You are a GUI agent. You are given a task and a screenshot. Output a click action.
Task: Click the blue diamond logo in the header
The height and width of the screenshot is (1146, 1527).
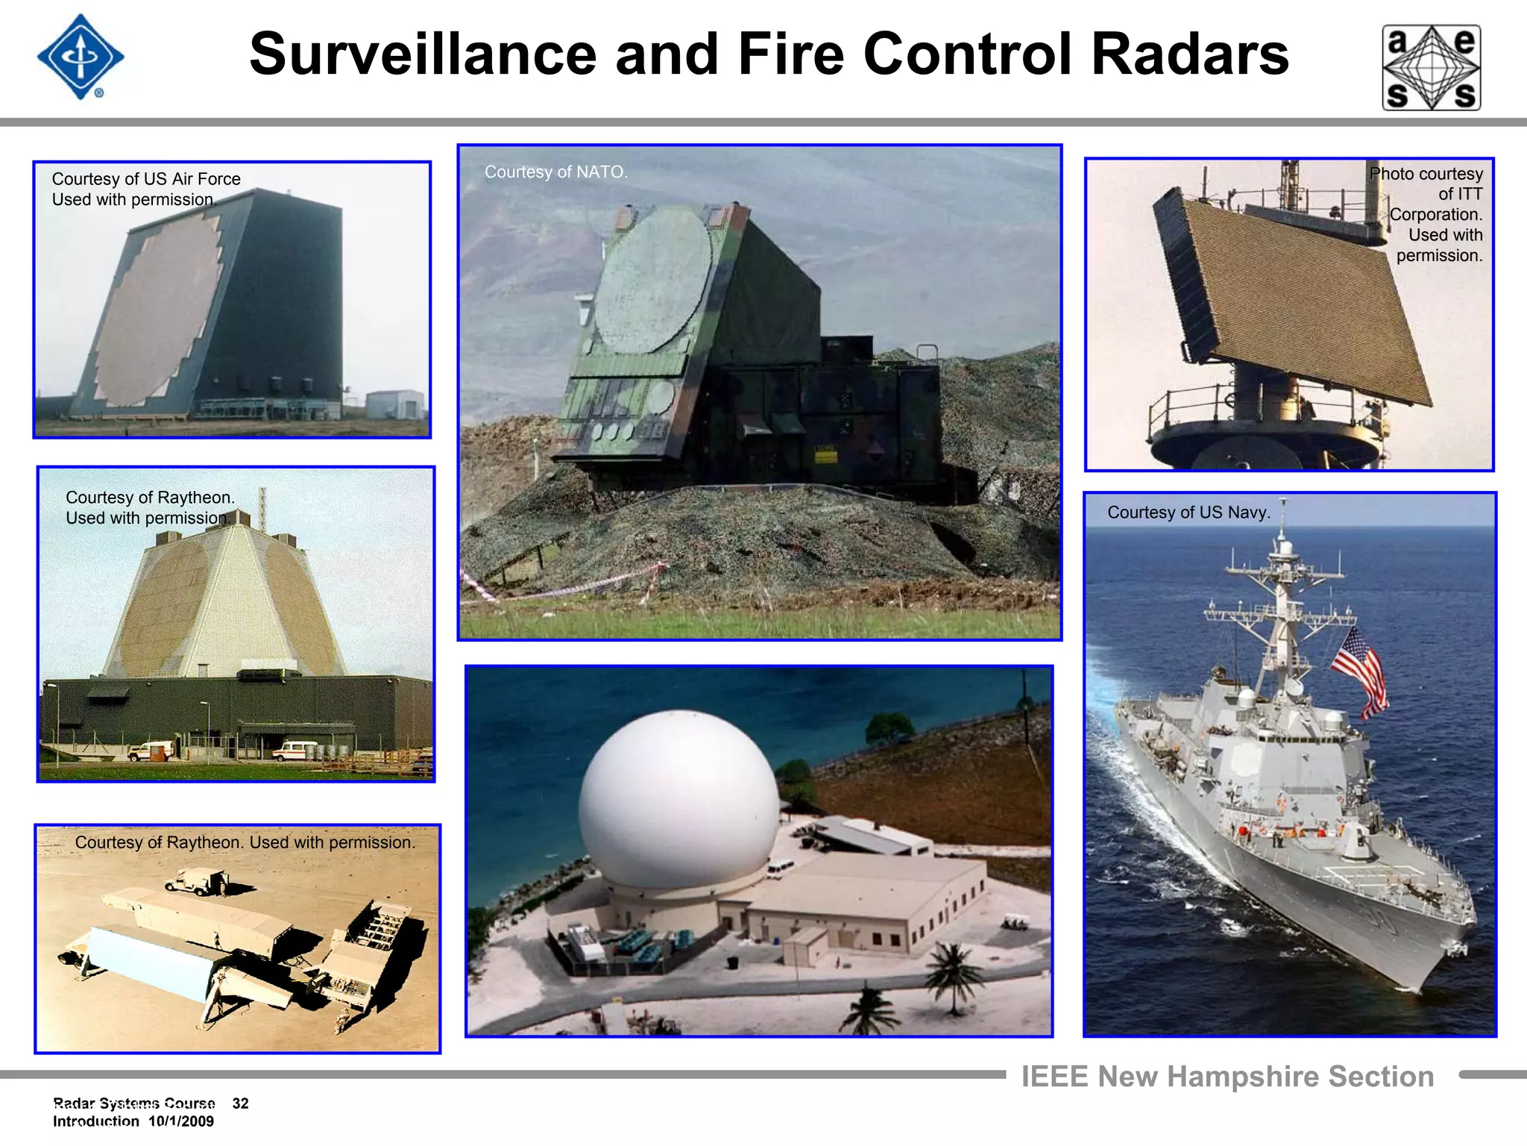point(81,57)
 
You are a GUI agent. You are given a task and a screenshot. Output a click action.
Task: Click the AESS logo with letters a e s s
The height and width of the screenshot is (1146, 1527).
point(1431,67)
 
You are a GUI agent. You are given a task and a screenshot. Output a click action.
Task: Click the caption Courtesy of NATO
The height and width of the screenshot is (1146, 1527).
point(555,172)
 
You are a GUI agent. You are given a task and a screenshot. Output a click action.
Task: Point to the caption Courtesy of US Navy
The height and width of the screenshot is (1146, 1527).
point(1188,512)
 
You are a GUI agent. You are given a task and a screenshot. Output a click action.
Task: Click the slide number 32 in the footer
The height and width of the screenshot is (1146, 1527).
point(240,1103)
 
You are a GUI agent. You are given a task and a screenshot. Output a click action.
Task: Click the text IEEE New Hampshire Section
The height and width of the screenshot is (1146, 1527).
point(1227,1077)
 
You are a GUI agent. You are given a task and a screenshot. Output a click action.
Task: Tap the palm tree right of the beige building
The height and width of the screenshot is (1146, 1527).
point(952,970)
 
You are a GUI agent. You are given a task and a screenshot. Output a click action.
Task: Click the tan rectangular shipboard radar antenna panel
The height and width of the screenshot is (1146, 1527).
point(1305,298)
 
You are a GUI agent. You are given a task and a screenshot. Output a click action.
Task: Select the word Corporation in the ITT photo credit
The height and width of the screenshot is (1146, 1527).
point(1435,214)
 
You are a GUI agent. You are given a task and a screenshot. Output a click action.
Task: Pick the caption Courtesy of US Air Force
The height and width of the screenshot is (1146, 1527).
point(146,179)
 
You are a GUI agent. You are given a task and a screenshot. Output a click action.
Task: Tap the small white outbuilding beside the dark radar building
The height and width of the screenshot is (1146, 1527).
point(395,404)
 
